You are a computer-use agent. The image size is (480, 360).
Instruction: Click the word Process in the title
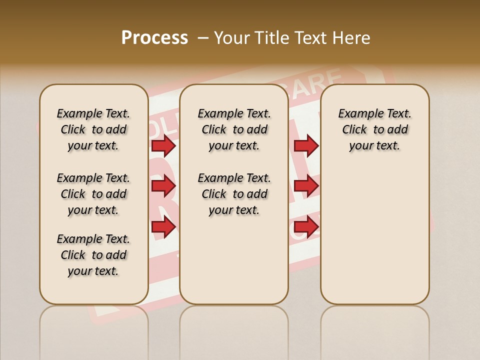pos(154,38)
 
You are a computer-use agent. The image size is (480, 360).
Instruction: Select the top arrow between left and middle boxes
pos(163,145)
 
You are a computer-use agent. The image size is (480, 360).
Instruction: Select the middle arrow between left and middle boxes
pos(163,186)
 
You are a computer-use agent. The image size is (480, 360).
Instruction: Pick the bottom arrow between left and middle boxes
pos(163,227)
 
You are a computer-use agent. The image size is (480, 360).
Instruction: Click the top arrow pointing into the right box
pos(306,145)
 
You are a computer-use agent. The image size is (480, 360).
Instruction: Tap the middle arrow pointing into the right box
pos(306,186)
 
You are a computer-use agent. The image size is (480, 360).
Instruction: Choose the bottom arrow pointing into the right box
pos(306,227)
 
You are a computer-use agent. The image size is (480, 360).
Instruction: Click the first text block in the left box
pos(93,129)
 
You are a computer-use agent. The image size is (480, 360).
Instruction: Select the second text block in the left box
pos(93,194)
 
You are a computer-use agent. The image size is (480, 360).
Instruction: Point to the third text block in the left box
pos(93,255)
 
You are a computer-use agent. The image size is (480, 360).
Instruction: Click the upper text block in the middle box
pos(234,129)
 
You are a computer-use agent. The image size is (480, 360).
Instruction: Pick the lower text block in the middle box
pos(234,194)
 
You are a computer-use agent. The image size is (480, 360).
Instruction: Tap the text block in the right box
pos(374,129)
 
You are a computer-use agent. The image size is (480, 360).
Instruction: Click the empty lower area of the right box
pos(374,235)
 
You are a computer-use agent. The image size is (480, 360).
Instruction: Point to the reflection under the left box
pos(94,325)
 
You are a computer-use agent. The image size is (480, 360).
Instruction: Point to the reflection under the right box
pos(374,325)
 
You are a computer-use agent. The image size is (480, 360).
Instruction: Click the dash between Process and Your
pos(203,38)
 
